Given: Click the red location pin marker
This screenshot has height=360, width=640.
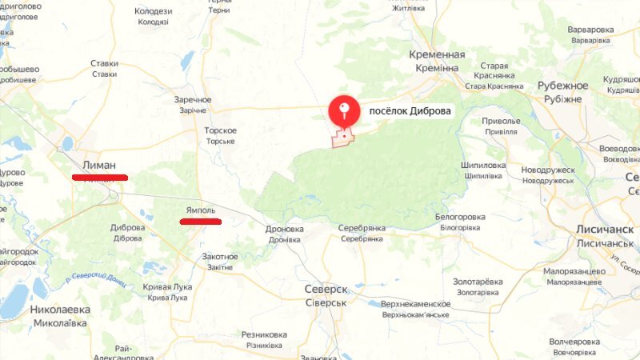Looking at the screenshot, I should (x=344, y=110).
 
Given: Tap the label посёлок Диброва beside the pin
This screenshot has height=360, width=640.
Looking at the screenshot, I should (x=410, y=112).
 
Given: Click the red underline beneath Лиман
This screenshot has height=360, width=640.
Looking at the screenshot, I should (x=99, y=176).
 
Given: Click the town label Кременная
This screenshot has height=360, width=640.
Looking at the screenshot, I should (x=437, y=54).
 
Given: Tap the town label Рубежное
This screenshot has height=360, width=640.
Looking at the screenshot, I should (x=562, y=86).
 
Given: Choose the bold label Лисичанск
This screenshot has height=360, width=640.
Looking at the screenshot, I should (x=605, y=229).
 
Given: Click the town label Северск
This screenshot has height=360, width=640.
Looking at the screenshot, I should (x=326, y=289).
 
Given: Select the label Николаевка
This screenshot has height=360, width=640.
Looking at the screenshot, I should (x=60, y=309).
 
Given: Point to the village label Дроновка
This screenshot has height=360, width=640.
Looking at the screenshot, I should (x=285, y=229).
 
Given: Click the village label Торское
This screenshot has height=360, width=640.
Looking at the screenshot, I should (x=220, y=130).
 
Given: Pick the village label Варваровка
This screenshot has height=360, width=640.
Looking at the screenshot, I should (x=590, y=30).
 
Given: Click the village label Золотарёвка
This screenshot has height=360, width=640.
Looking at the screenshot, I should (x=478, y=282).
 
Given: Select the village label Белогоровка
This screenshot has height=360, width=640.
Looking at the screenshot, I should (x=460, y=217).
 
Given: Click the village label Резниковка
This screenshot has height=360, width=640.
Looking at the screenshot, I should (x=264, y=334).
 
